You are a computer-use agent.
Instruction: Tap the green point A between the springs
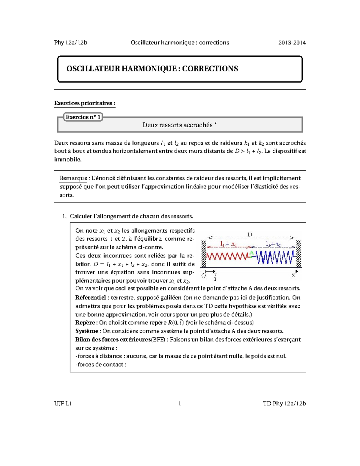(x=251, y=254)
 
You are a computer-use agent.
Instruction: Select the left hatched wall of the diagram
(x=203, y=254)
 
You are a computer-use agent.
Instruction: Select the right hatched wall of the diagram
(x=298, y=254)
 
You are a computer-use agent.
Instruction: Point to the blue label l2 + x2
(x=273, y=244)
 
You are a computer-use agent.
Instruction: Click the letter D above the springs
(x=250, y=234)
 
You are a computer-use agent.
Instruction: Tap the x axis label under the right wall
(x=293, y=275)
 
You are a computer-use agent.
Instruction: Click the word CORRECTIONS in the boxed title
(x=210, y=69)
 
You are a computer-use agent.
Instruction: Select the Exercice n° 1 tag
(x=83, y=117)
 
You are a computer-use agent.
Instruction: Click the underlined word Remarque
(x=73, y=178)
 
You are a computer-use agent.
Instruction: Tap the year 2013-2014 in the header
(x=292, y=43)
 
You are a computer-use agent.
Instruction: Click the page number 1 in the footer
(x=180, y=404)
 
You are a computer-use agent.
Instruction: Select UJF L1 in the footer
(x=63, y=404)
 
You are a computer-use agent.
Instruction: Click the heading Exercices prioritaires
(x=84, y=103)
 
